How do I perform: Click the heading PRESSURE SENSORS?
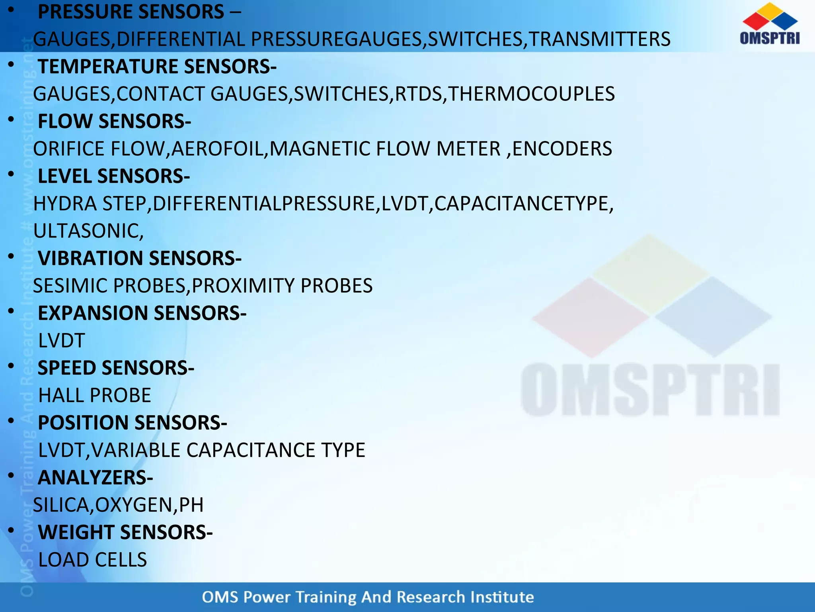point(131,12)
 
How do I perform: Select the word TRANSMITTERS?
point(599,39)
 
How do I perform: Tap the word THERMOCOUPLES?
point(531,94)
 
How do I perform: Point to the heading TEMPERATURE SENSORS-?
point(157,67)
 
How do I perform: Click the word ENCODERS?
point(562,149)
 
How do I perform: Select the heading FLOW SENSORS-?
point(114,122)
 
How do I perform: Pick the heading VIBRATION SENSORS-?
point(139,259)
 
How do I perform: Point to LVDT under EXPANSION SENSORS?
point(61,341)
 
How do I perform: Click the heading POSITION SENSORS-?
point(132,423)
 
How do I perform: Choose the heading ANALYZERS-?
point(95,478)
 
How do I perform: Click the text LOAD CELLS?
point(93,560)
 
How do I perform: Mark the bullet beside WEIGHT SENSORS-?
point(11,530)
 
